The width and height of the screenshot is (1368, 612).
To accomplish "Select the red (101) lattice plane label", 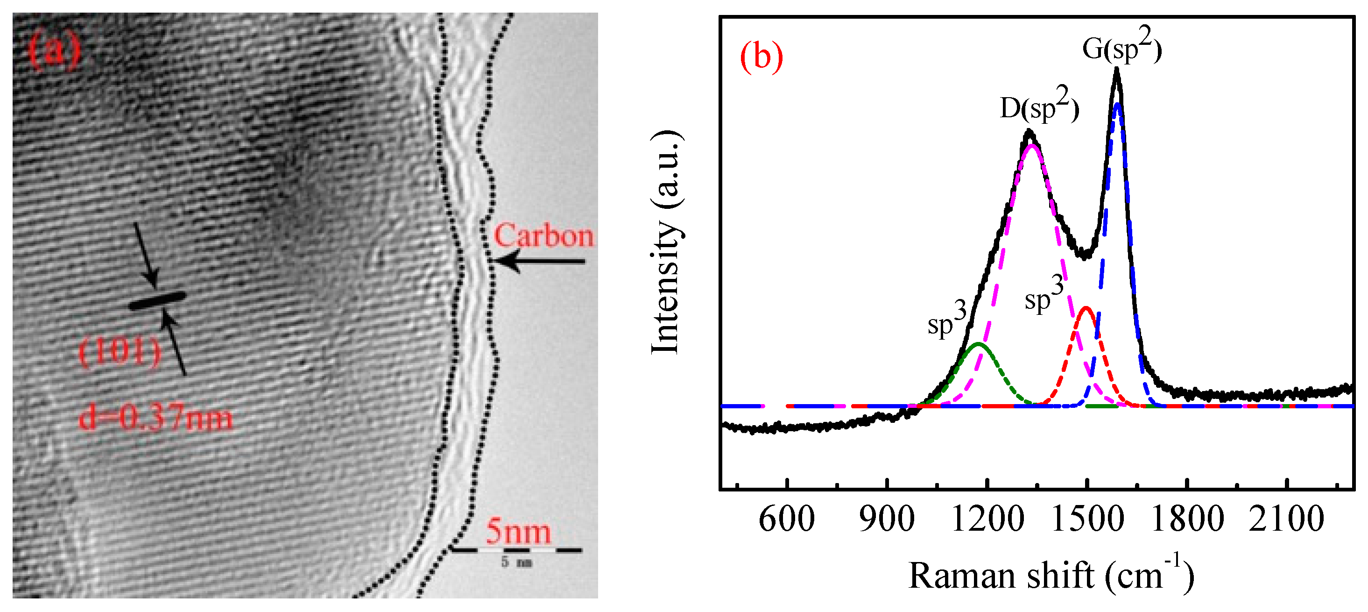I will coord(120,352).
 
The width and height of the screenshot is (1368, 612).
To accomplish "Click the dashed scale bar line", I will coord(516,550).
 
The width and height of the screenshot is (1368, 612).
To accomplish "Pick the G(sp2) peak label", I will coord(1121,50).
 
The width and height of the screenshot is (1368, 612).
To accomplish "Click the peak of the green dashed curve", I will coord(979,344).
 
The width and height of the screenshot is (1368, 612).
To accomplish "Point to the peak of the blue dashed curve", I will coord(1117,104).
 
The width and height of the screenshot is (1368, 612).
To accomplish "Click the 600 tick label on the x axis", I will coord(787,519).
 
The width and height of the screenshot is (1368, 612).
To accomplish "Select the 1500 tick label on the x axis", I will coord(1087,519).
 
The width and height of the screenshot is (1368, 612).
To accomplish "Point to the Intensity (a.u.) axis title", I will coord(666,242).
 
